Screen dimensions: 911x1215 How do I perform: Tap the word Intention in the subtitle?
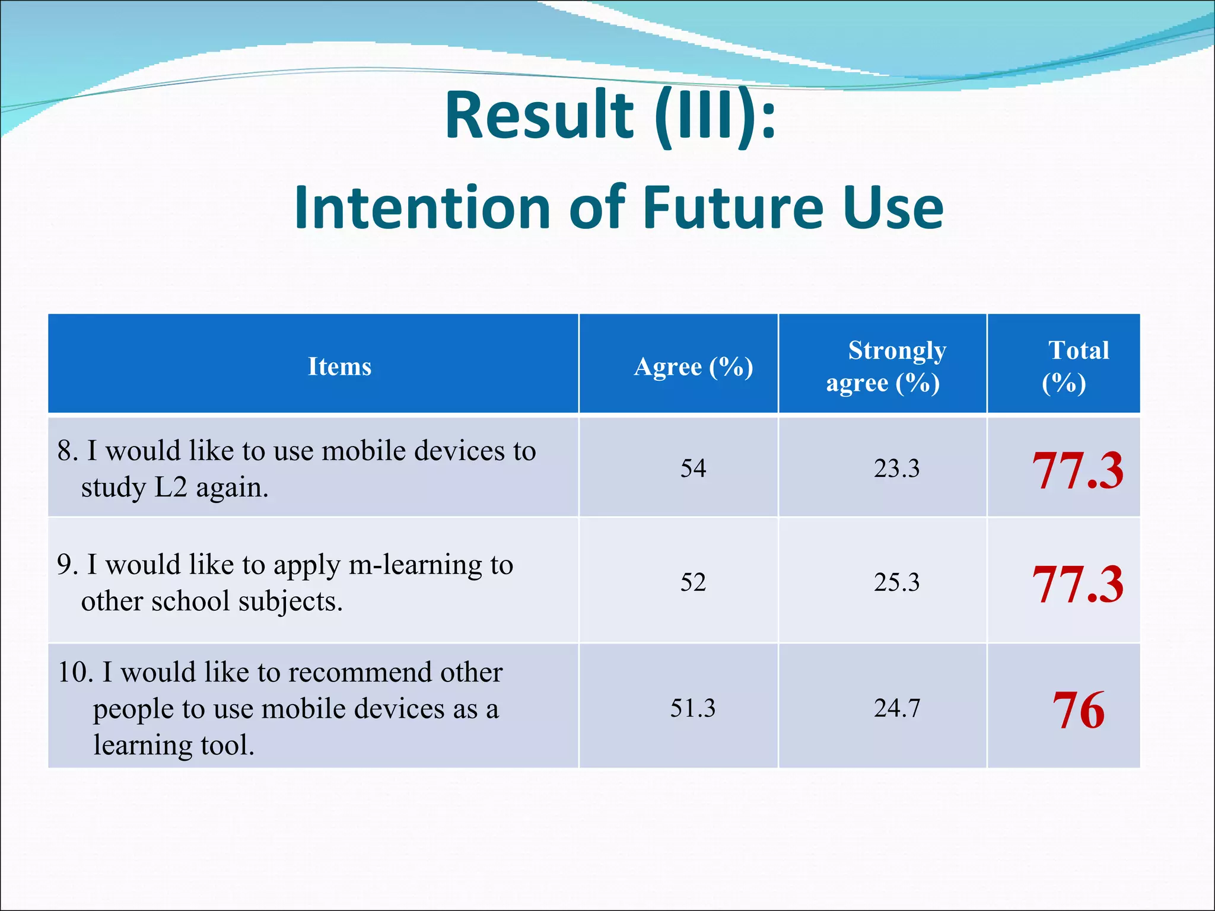(421, 208)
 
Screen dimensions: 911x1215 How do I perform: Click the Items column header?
(339, 367)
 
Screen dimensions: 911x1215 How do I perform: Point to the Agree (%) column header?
(693, 367)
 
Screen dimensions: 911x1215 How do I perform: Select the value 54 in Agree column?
(693, 469)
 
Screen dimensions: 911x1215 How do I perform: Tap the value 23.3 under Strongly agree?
(896, 469)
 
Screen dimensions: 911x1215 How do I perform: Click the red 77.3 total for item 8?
(1077, 471)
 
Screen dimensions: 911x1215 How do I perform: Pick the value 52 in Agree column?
(693, 582)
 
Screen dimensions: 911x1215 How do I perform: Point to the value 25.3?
(896, 582)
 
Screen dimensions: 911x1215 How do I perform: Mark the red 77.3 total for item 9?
(1077, 585)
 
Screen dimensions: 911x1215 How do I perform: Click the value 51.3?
(693, 708)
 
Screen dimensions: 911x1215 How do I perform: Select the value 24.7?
(896, 708)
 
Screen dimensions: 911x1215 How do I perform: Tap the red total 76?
(1078, 711)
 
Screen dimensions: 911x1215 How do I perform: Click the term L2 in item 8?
(171, 488)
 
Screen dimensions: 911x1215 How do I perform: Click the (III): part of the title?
(715, 115)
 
